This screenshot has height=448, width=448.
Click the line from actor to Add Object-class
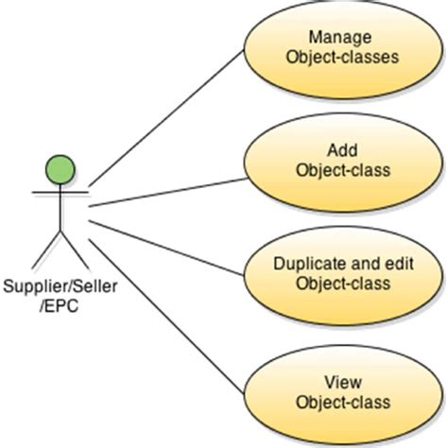point(166,192)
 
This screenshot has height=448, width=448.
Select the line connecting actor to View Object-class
point(166,302)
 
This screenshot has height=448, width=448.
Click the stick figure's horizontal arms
point(60,195)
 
